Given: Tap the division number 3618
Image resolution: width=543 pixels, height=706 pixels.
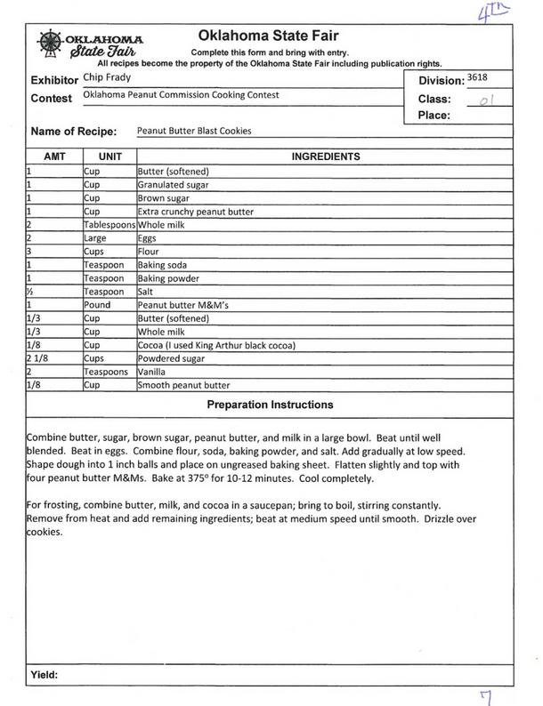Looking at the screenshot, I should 477,78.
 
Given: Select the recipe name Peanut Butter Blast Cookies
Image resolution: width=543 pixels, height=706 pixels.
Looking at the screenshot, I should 194,131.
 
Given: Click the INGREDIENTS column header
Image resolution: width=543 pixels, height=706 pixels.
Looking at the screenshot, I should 325,157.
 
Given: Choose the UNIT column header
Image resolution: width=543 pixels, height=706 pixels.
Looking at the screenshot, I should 109,157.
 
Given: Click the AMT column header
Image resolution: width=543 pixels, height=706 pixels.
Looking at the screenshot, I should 54,157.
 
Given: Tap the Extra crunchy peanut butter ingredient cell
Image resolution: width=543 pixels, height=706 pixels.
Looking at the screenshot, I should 195,213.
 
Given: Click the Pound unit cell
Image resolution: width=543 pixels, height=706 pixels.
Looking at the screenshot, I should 98,305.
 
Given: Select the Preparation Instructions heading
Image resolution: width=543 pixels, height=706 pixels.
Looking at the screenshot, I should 270,405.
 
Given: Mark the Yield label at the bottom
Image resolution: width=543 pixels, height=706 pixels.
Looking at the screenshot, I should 45,675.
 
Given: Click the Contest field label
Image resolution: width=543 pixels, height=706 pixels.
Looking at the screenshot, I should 52,98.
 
